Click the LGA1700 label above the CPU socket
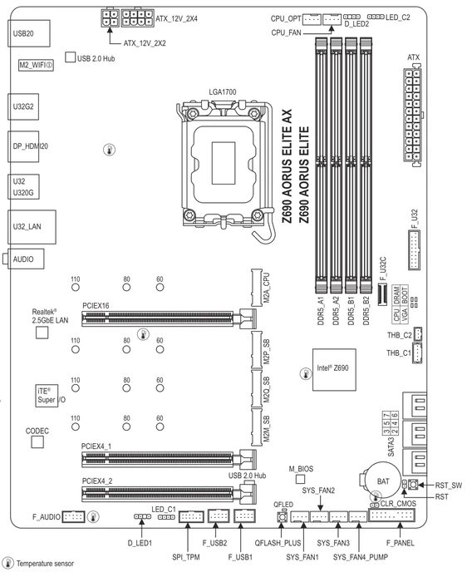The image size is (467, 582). pyautogui.click(x=222, y=92)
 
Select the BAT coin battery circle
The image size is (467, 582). pyautogui.click(x=383, y=481)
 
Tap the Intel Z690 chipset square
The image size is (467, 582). pyautogui.click(x=334, y=369)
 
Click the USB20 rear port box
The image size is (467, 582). pyautogui.click(x=29, y=33)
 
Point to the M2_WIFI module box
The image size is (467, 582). pyautogui.click(x=37, y=66)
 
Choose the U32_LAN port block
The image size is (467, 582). pyautogui.click(x=32, y=227)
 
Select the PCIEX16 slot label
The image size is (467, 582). pyautogui.click(x=96, y=305)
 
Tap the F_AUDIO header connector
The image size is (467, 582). pyautogui.click(x=73, y=516)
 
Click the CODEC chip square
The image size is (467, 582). pyautogui.click(x=37, y=442)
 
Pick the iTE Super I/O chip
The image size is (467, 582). pyautogui.click(x=47, y=396)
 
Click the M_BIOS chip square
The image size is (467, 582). pyautogui.click(x=301, y=479)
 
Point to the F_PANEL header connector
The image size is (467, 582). pyautogui.click(x=391, y=515)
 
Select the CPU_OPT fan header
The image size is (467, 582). pyautogui.click(x=312, y=19)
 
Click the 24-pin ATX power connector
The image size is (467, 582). pyautogui.click(x=412, y=115)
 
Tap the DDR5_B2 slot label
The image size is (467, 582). pyautogui.click(x=366, y=311)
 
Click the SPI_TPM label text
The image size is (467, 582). pyautogui.click(x=186, y=557)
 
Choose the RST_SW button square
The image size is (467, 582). pyautogui.click(x=413, y=485)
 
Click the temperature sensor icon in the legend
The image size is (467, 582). pyautogui.click(x=7, y=563)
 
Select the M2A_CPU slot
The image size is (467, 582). pyautogui.click(x=256, y=288)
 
